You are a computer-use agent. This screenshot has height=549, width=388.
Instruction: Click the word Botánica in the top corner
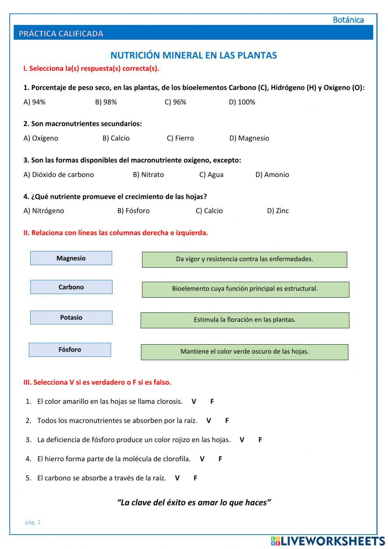coord(348,20)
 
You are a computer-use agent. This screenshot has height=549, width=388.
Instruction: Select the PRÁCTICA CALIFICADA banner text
coord(61,34)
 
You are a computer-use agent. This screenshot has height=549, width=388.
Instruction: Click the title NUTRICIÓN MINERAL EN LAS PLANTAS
coord(194,55)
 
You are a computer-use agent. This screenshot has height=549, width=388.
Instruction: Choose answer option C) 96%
coord(175,102)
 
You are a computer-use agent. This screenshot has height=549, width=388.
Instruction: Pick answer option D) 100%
coord(242,102)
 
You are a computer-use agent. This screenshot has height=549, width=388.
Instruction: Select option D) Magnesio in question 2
coord(249,138)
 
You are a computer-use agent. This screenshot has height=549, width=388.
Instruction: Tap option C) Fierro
coord(180,138)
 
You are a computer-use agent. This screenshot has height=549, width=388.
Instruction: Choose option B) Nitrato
coord(148,175)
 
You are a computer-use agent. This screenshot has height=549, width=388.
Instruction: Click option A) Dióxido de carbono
coord(59,175)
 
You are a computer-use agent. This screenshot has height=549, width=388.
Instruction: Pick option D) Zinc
coord(278,211)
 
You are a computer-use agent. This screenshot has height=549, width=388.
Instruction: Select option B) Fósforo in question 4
coord(133,211)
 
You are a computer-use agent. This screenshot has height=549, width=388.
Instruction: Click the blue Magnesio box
coord(71,258)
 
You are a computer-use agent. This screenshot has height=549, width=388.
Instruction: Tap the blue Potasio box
coord(71,317)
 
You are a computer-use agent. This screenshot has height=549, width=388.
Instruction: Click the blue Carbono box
coord(71,287)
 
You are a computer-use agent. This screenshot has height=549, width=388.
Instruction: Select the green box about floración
coord(245,320)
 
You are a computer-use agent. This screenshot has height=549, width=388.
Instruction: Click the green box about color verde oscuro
coord(244,352)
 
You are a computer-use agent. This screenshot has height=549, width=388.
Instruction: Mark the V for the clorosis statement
coord(194,402)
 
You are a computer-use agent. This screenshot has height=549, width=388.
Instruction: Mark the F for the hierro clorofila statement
coord(220,459)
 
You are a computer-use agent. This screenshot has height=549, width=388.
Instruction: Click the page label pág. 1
coord(33,522)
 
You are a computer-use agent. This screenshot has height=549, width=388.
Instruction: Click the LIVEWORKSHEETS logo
coord(328,541)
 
